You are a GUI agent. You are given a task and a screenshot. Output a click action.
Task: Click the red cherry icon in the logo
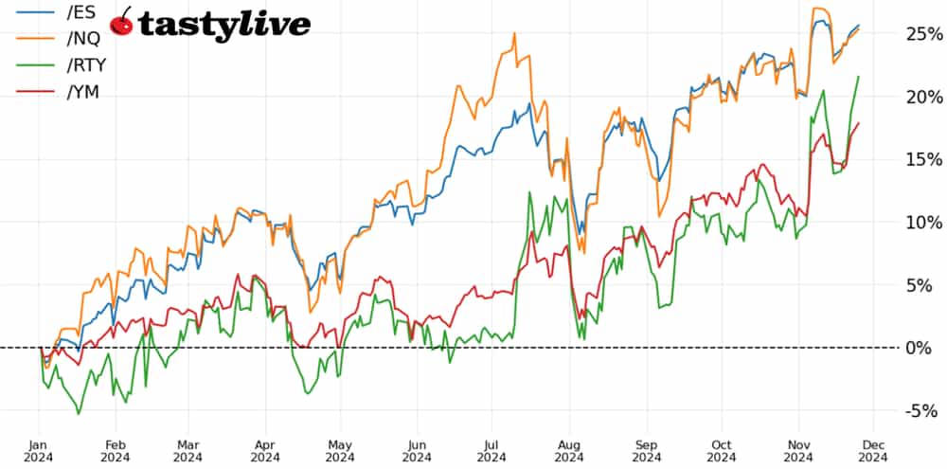(x=122, y=23)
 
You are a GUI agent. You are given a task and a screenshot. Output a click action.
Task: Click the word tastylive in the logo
(x=224, y=25)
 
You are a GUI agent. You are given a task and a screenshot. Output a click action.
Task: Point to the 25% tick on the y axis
(x=920, y=34)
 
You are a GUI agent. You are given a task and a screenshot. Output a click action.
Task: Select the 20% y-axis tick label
(x=920, y=97)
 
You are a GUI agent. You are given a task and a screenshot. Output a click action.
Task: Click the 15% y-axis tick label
(x=920, y=159)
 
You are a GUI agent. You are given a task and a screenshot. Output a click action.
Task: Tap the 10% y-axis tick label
(x=920, y=222)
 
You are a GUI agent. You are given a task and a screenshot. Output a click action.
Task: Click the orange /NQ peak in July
(x=514, y=33)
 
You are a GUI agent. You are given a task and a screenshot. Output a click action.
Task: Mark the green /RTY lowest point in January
(x=78, y=413)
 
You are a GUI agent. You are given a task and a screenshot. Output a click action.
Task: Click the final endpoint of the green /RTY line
(x=859, y=77)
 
